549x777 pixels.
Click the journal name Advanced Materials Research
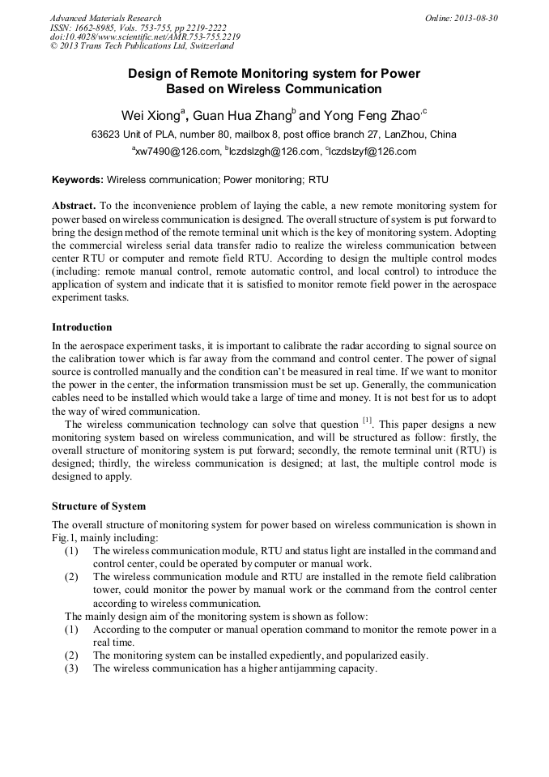(105, 18)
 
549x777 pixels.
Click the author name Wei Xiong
(150, 113)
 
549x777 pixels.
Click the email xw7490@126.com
(177, 152)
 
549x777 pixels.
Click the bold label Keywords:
(78, 178)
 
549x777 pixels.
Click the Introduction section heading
(82, 327)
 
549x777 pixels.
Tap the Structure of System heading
(99, 506)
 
